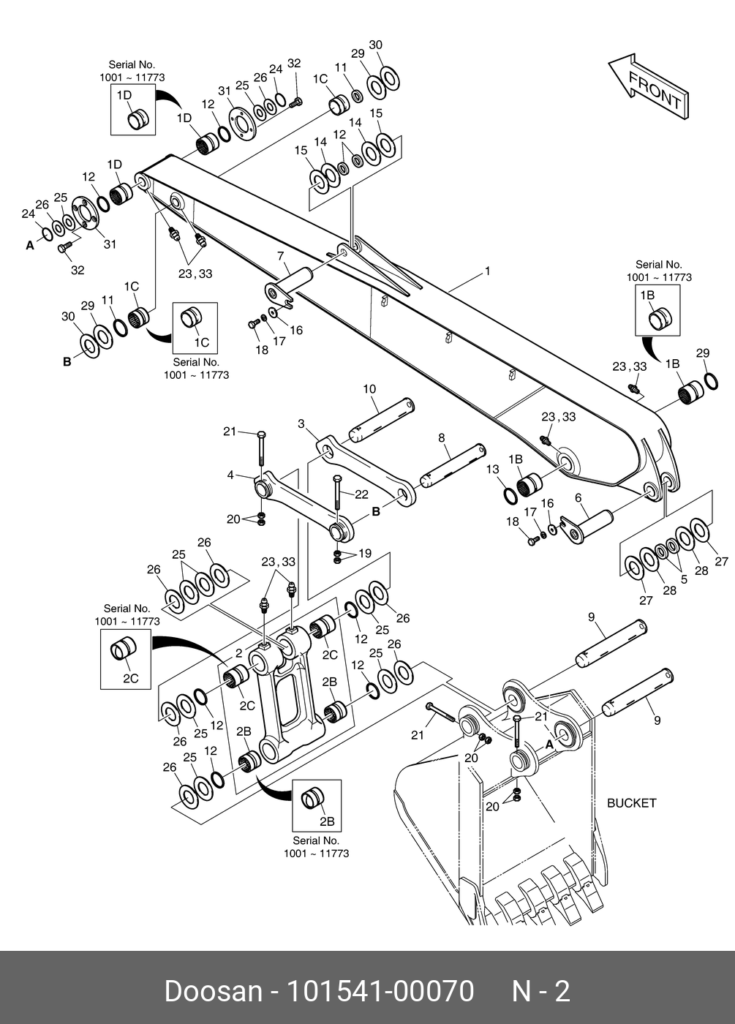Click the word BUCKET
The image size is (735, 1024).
(x=632, y=802)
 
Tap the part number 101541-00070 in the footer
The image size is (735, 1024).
(x=380, y=991)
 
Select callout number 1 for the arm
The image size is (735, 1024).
(x=487, y=271)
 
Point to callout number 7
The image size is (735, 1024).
(x=279, y=255)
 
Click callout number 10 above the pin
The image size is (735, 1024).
(x=369, y=389)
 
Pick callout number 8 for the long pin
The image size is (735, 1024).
(x=441, y=437)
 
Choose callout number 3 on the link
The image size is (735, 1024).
(x=301, y=423)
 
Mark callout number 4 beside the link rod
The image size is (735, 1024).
(x=230, y=475)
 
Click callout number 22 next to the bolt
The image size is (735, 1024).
(x=361, y=494)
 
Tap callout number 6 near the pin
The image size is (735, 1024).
(x=578, y=497)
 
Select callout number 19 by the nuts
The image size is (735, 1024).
(x=364, y=553)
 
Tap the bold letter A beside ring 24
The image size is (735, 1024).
(x=30, y=246)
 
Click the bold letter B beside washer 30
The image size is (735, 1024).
(x=67, y=361)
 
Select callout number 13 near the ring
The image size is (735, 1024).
(x=492, y=469)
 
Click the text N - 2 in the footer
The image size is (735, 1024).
(x=540, y=991)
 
